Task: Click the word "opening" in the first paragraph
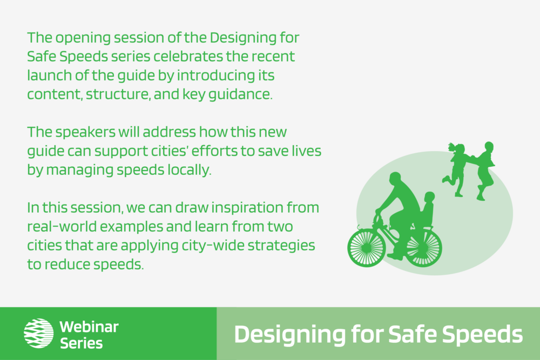point(83,38)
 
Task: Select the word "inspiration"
point(247,208)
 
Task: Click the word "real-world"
point(61,227)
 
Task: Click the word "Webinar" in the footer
point(89,327)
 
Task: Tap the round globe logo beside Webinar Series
point(38,333)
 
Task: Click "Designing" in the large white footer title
point(290,335)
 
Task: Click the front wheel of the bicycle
point(367,247)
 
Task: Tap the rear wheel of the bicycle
point(423,247)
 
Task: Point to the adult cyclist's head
point(396,179)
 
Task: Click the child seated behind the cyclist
point(427,210)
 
